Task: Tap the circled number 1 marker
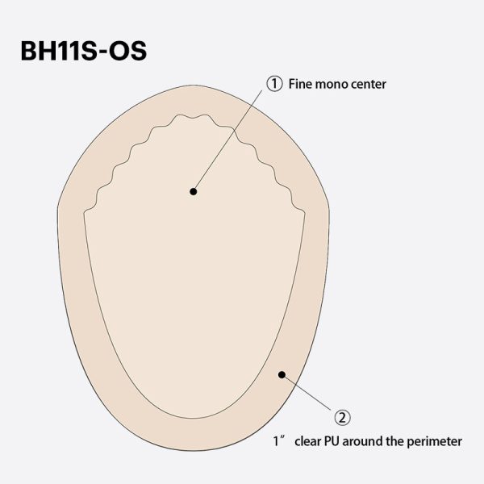coord(275,83)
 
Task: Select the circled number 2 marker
coord(343,417)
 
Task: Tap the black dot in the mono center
coord(193,191)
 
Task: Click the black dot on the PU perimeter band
coord(281,373)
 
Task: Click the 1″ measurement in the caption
coord(277,441)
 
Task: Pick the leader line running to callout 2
coord(311,394)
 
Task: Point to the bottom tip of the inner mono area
coord(194,418)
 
